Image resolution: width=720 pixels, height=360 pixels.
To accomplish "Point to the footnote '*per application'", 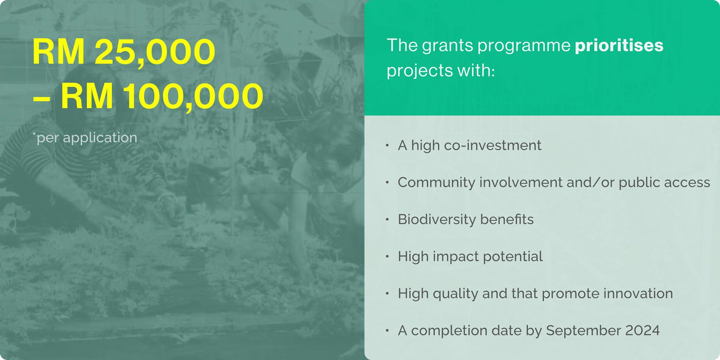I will pos(85,138).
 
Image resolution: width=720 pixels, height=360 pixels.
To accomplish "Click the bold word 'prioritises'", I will pos(619,46).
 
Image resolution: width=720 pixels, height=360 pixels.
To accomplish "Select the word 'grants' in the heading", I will pos(447,46).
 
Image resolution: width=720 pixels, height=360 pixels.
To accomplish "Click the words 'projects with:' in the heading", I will pos(441,70).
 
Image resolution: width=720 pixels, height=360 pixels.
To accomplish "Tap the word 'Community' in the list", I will pos(436,182).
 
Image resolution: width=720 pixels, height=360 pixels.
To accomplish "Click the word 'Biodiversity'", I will pos(436,219).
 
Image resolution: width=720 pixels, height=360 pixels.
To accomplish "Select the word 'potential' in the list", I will pos(513,256).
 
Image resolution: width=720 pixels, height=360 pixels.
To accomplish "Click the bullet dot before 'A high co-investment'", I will pos(387,145).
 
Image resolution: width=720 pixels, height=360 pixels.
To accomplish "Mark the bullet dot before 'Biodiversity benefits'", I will pos(387,219).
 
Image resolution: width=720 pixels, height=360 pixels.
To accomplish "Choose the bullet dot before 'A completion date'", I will pos(387,330).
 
